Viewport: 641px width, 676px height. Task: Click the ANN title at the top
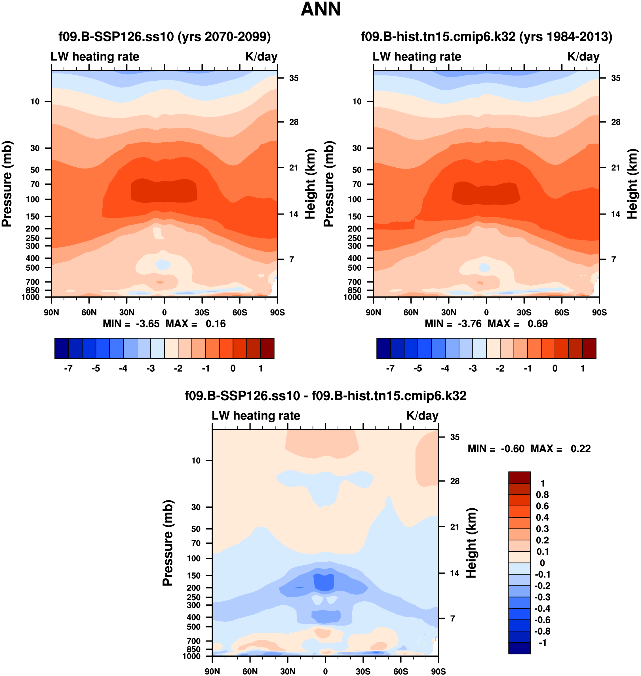pyautogui.click(x=320, y=9)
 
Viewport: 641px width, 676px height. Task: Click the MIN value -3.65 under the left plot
pyautogui.click(x=147, y=324)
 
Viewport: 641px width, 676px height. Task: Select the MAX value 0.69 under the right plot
pyautogui.click(x=537, y=324)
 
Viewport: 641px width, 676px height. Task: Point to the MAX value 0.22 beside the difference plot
pyautogui.click(x=581, y=449)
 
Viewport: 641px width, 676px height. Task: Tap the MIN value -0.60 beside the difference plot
pyautogui.click(x=513, y=449)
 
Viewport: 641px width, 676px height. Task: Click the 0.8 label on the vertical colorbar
pyautogui.click(x=542, y=495)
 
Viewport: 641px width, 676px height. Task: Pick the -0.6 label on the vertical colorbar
pyautogui.click(x=542, y=620)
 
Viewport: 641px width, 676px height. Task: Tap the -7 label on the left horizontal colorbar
pyautogui.click(x=68, y=368)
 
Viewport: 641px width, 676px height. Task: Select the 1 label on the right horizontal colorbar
pyautogui.click(x=583, y=368)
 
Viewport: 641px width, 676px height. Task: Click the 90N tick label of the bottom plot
pyautogui.click(x=212, y=671)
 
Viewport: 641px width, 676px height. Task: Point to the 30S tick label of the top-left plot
pyautogui.click(x=202, y=312)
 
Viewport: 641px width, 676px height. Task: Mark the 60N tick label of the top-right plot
pyautogui.click(x=411, y=312)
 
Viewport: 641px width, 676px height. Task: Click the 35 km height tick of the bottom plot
pyautogui.click(x=454, y=437)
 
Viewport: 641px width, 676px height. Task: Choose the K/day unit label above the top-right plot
pyautogui.click(x=583, y=56)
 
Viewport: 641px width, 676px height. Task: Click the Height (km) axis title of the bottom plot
pyautogui.click(x=471, y=543)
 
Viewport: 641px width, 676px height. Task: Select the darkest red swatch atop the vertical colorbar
pyautogui.click(x=519, y=477)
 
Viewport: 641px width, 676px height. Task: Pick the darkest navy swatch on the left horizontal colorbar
pyautogui.click(x=62, y=348)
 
